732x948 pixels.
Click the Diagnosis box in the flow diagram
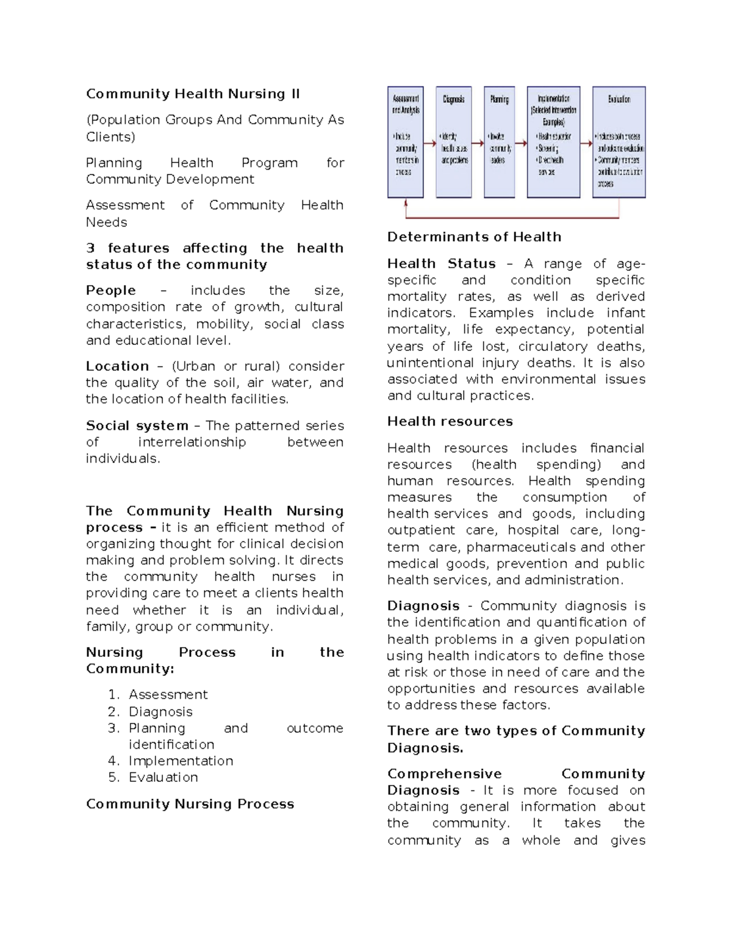pyautogui.click(x=454, y=142)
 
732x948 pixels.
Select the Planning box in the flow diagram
pyautogui.click(x=499, y=142)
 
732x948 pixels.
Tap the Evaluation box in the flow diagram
pyautogui.click(x=619, y=142)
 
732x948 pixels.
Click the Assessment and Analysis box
pyautogui.click(x=405, y=142)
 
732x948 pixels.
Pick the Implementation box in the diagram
pyautogui.click(x=553, y=142)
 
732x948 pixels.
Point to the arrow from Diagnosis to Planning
pyautogui.click(x=477, y=145)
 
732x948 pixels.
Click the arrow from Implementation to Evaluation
pyautogui.click(x=586, y=145)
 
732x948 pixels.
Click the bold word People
pyautogui.click(x=111, y=291)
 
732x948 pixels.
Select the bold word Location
pyautogui.click(x=117, y=366)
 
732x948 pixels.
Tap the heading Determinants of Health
pyautogui.click(x=474, y=237)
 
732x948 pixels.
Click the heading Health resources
pyautogui.click(x=450, y=421)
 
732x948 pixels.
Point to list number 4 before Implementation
pyautogui.click(x=113, y=761)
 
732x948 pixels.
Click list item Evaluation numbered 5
pyautogui.click(x=163, y=778)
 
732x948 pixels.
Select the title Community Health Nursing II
pyautogui.click(x=193, y=94)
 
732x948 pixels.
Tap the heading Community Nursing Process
pyautogui.click(x=190, y=804)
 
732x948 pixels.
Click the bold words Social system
pyautogui.click(x=137, y=425)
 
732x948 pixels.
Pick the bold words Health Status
pyautogui.click(x=441, y=264)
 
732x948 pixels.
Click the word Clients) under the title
pyautogui.click(x=110, y=137)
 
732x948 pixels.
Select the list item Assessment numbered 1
pyautogui.click(x=168, y=695)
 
